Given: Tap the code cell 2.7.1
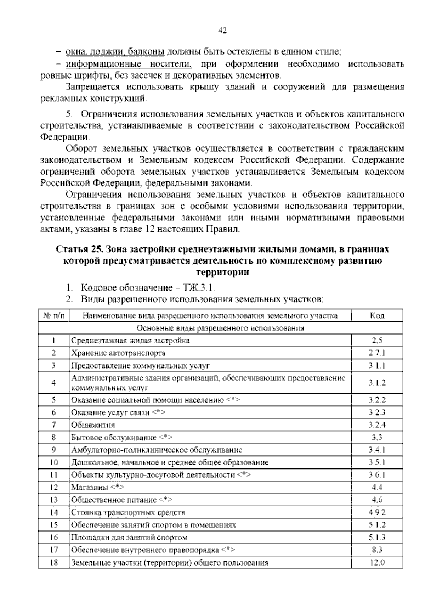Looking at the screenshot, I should [x=377, y=353].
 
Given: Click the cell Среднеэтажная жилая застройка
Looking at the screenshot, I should [x=130, y=341].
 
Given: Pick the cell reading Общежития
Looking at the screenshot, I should [x=93, y=425].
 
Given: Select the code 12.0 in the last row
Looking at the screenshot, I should [x=377, y=562].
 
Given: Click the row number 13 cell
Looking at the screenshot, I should [x=53, y=500].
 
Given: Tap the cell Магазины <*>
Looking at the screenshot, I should [x=98, y=488].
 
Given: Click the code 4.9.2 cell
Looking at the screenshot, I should [x=377, y=512].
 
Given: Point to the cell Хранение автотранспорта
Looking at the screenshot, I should [x=118, y=353].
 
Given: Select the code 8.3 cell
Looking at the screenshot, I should [x=377, y=550].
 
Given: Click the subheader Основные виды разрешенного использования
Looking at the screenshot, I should [x=220, y=328].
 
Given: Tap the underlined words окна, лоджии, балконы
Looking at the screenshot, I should [x=115, y=52].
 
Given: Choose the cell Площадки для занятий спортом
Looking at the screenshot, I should [x=129, y=538].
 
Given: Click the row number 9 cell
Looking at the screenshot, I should [x=53, y=450].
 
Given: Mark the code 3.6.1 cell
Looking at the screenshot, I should [x=377, y=475].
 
